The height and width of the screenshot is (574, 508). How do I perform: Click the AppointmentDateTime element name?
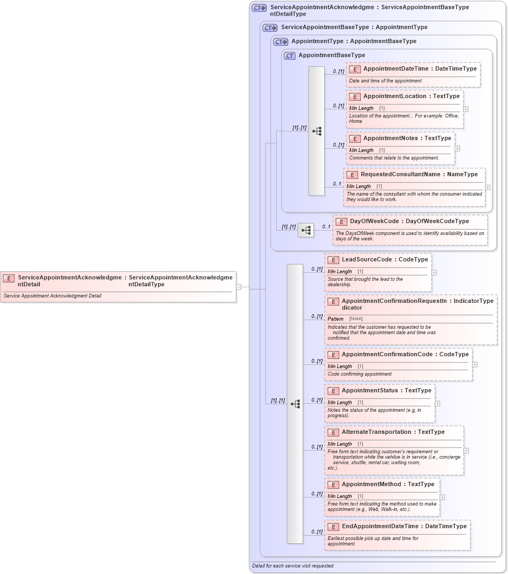[x=395, y=69]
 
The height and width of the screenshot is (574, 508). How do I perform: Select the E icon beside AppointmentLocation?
[x=355, y=96]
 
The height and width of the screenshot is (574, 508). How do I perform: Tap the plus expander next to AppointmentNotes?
[x=457, y=148]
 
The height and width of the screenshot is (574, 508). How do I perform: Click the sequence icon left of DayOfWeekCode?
[x=306, y=230]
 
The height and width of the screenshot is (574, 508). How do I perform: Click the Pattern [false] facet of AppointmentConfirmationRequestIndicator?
[x=346, y=319]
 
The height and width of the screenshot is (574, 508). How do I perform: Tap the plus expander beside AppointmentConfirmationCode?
[x=475, y=364]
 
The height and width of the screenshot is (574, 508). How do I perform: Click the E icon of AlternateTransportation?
[x=333, y=432]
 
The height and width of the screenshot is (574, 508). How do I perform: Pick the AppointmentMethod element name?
[x=372, y=485]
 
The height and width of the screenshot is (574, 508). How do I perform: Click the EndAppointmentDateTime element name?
[x=380, y=527]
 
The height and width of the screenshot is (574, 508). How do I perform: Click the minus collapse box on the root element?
[x=238, y=287]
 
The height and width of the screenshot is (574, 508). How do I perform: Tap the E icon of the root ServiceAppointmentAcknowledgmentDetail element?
[x=9, y=278]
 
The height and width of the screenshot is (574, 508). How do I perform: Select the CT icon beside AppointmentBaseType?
[x=290, y=56]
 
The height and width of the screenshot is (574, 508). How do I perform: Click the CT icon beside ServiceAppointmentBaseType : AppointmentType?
[x=270, y=27]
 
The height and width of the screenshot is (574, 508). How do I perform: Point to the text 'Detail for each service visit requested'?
[x=293, y=566]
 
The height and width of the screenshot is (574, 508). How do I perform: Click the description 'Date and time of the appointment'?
[x=385, y=81]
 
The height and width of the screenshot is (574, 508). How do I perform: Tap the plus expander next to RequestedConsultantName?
[x=488, y=188]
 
